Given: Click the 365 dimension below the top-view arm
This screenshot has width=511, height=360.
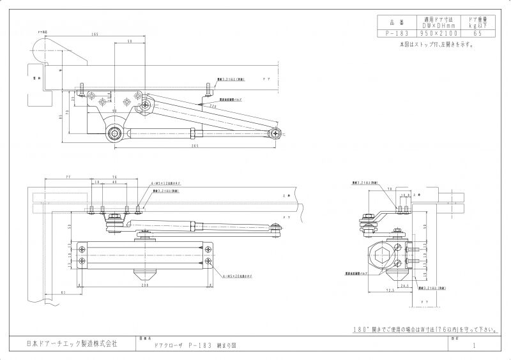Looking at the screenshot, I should pos(176,146).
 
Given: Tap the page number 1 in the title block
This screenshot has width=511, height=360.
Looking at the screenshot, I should pos(474,345).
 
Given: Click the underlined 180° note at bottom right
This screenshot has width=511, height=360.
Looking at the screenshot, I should pos(425,329).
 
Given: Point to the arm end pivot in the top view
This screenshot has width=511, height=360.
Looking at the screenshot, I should pos(275,132).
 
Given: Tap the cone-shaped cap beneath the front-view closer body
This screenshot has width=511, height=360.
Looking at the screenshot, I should pos(146,276).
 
